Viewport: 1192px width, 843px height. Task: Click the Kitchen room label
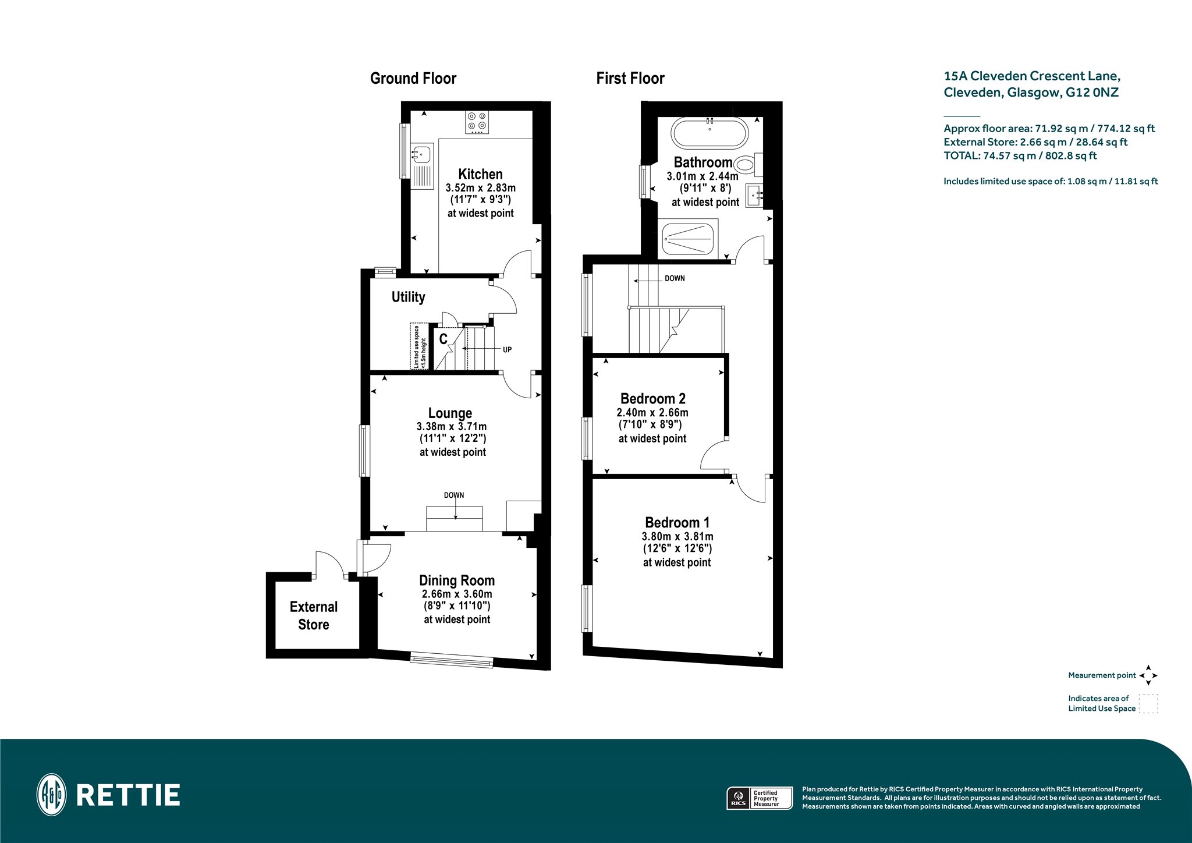480,174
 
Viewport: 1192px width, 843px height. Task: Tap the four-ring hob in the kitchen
477,122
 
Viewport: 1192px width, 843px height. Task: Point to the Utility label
408,297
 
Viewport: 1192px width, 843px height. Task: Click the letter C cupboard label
443,339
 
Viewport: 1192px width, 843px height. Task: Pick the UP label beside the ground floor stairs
507,350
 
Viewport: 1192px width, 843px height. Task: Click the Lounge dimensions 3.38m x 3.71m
452,427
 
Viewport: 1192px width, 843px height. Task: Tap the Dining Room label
457,580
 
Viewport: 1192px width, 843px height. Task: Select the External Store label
314,615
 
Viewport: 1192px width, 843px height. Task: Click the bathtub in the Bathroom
709,133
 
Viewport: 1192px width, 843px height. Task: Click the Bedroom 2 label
653,399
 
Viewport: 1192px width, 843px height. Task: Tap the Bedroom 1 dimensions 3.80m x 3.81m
677,537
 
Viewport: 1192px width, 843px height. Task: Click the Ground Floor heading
413,79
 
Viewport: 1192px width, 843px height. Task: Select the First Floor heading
630,79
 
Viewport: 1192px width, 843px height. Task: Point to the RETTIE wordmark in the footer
128,795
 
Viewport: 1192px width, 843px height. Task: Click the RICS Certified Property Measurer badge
760,798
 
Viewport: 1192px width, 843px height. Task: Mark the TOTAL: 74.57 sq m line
1020,155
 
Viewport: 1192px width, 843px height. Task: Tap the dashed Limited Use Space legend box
1148,703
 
